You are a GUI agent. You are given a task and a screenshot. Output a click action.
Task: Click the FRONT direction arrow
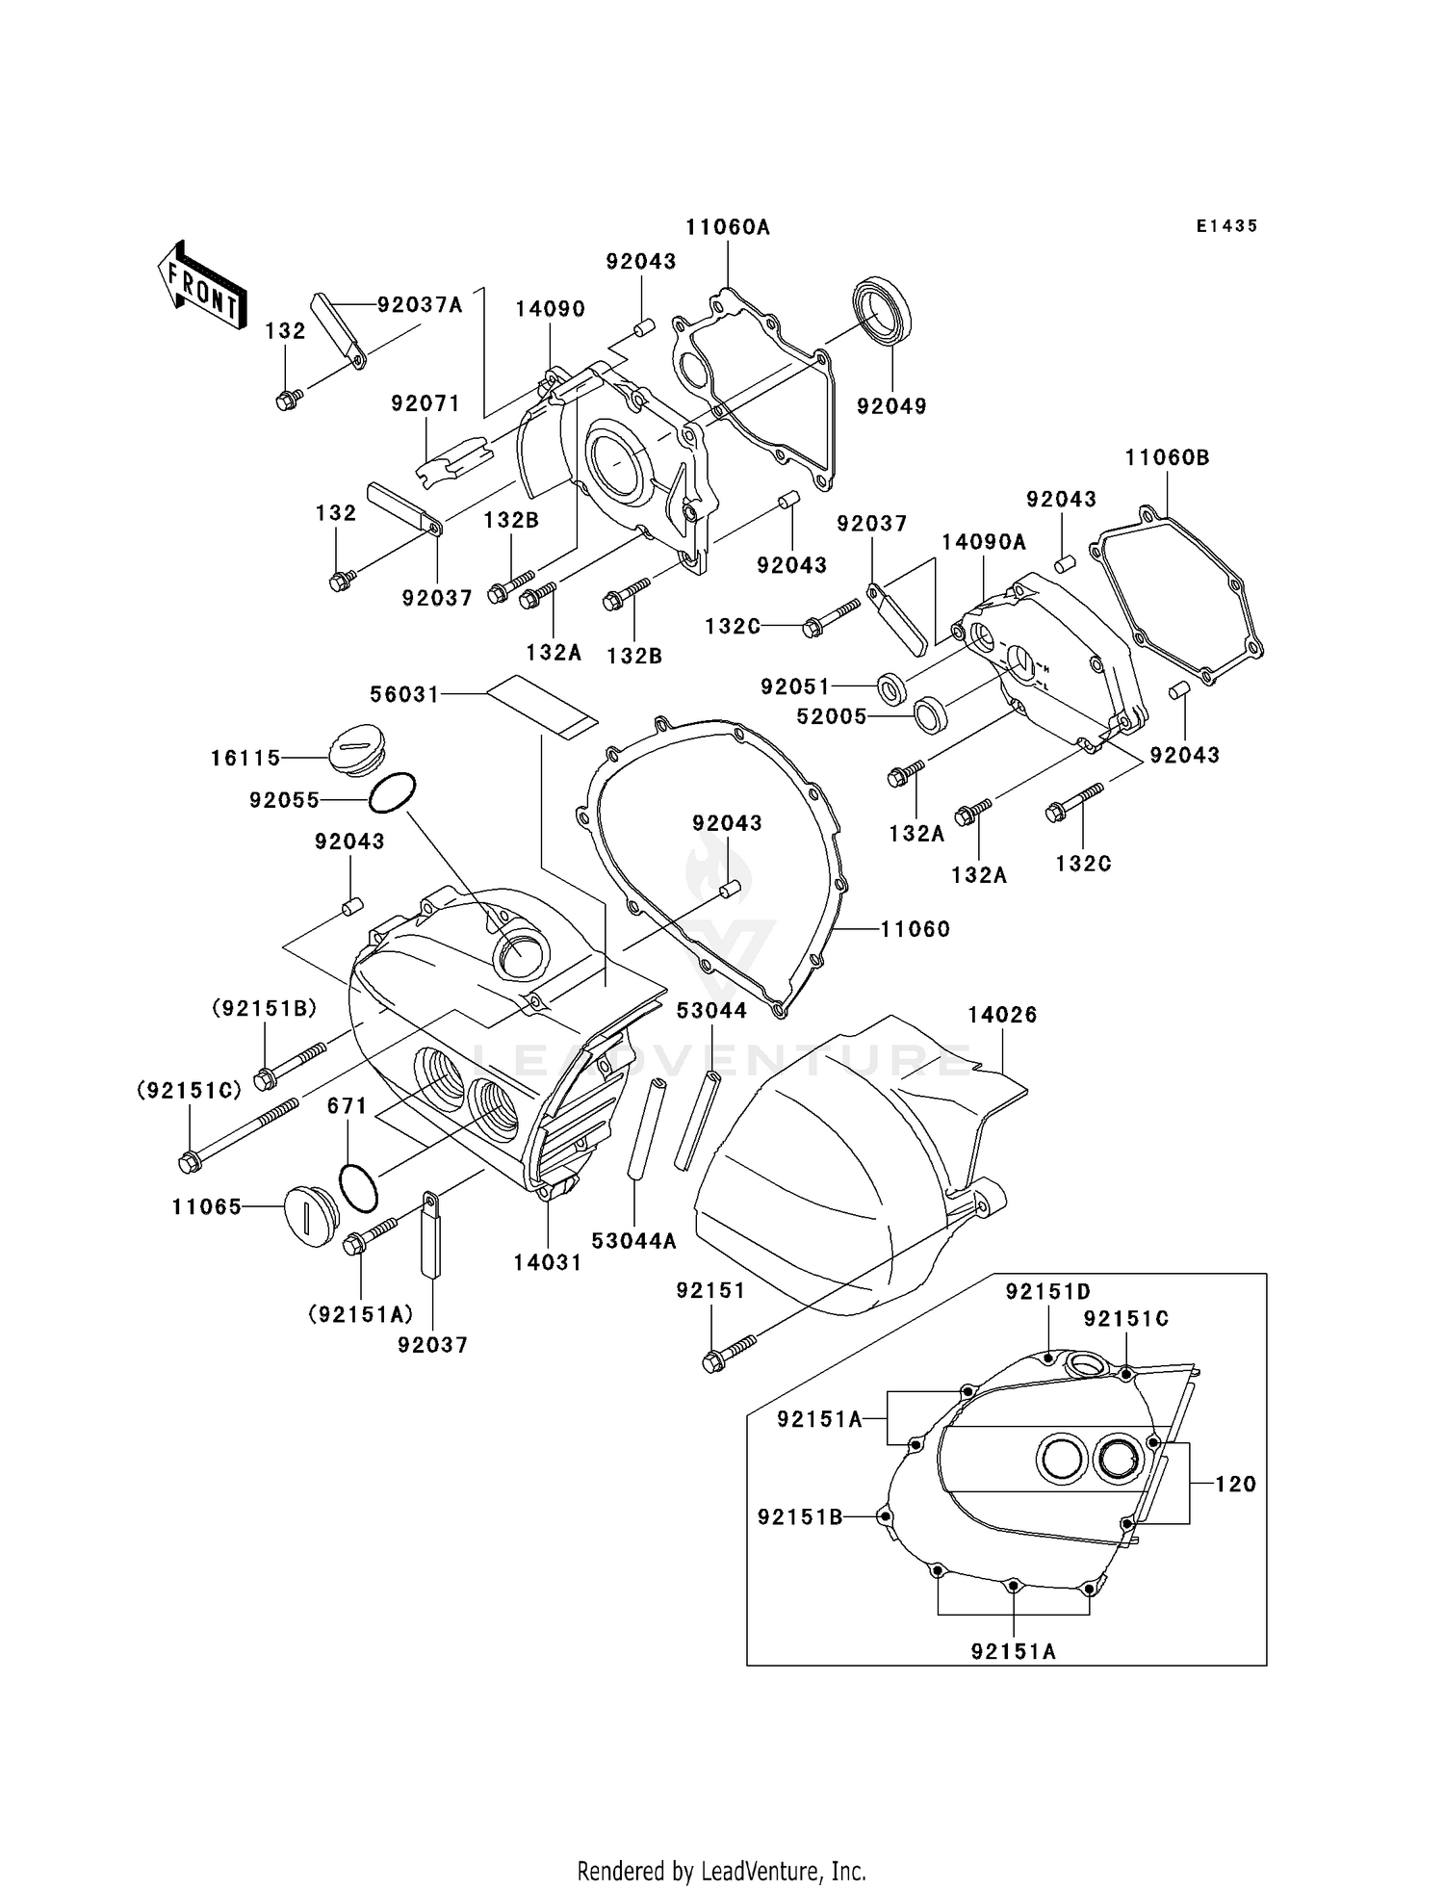[201, 285]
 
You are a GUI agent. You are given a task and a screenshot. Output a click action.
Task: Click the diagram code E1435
[1226, 226]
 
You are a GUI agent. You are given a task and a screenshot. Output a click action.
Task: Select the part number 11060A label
[728, 227]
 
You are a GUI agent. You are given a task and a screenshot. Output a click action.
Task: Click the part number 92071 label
[425, 403]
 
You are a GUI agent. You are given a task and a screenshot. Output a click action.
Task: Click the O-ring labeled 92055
[392, 792]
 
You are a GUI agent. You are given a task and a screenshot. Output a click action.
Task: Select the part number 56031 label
[404, 694]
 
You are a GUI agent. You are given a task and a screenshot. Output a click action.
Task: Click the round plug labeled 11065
[309, 1210]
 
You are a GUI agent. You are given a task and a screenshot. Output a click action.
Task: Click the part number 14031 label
[548, 1262]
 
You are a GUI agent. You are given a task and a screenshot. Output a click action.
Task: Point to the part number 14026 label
[1002, 1015]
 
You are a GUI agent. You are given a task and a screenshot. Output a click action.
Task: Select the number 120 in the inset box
[1235, 1484]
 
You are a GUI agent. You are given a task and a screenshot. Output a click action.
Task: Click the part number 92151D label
[1048, 1292]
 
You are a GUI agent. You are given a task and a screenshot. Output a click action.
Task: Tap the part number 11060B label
[1167, 457]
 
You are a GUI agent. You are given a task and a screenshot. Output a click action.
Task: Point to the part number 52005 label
[832, 716]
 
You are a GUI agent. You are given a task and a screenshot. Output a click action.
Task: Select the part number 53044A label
[633, 1241]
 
